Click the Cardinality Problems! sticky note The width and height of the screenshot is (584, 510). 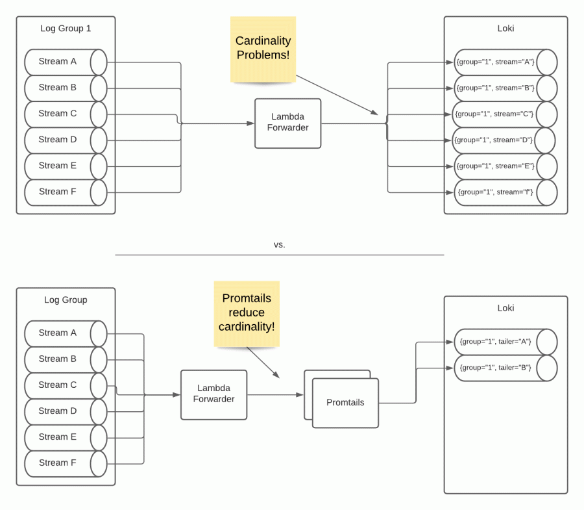coord(263,49)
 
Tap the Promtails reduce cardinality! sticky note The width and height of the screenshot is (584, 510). coord(247,312)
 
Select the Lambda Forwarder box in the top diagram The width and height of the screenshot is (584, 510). coord(288,122)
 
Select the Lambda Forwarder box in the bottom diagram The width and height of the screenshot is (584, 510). coord(213,394)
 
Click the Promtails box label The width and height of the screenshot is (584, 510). coord(345,403)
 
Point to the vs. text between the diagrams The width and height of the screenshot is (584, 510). coord(280,245)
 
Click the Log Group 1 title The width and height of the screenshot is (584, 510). coord(66,29)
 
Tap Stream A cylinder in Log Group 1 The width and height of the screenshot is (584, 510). coord(65,62)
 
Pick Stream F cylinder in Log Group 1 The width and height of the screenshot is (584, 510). coord(65,192)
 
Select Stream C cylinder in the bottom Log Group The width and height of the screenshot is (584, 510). coord(65,385)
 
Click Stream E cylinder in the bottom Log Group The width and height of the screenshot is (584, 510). coord(65,437)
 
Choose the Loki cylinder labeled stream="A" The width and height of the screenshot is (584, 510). coord(505,62)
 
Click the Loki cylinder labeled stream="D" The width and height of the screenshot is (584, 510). coord(504,140)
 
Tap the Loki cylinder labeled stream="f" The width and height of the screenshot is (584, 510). coord(505,192)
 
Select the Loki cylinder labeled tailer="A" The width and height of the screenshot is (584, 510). coord(505,342)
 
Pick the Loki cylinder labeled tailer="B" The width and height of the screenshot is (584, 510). coord(505,368)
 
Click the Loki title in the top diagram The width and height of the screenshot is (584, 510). coord(505,29)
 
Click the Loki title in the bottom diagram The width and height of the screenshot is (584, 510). coord(505,308)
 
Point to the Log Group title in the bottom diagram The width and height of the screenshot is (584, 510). coord(66,300)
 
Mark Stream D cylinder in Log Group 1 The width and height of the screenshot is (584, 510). coord(65,140)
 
